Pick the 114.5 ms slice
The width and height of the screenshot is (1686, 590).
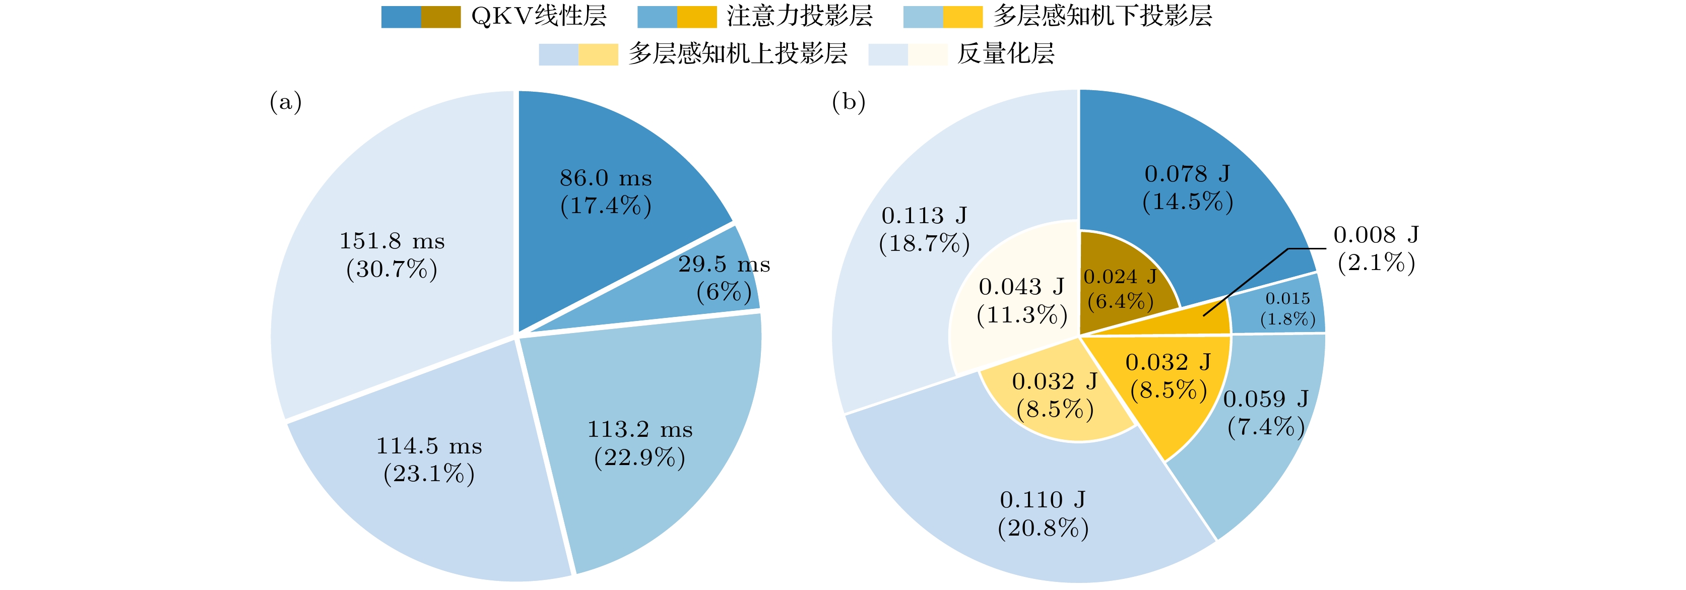[x=429, y=461]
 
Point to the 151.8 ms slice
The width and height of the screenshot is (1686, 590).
[x=392, y=255]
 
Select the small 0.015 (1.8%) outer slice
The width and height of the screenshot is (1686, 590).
[x=1286, y=309]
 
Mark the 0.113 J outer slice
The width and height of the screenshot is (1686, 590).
[x=924, y=229]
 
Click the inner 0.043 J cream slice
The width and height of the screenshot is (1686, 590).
[x=1021, y=301]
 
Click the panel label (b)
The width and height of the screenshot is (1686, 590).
[x=848, y=102]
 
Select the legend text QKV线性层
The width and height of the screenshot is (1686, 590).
[x=539, y=16]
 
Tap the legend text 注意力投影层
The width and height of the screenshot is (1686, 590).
[x=799, y=16]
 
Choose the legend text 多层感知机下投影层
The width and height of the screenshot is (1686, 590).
[x=1102, y=16]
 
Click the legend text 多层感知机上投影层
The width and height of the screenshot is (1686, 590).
[x=738, y=53]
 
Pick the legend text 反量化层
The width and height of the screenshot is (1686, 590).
[x=1006, y=53]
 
